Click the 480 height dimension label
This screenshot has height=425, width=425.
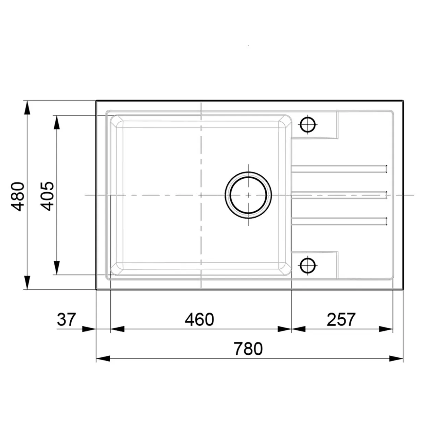click(x=17, y=196)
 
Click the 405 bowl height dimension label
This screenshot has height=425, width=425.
click(x=47, y=196)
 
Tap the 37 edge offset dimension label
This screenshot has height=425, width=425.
click(x=66, y=319)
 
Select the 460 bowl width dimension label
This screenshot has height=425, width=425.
click(x=199, y=319)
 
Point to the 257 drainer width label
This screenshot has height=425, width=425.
click(x=341, y=319)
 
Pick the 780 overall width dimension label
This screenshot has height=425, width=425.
click(x=248, y=349)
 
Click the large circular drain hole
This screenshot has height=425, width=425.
click(x=248, y=195)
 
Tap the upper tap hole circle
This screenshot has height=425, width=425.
click(x=307, y=124)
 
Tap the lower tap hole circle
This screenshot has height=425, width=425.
click(x=307, y=265)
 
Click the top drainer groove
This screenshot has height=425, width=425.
click(x=339, y=169)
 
